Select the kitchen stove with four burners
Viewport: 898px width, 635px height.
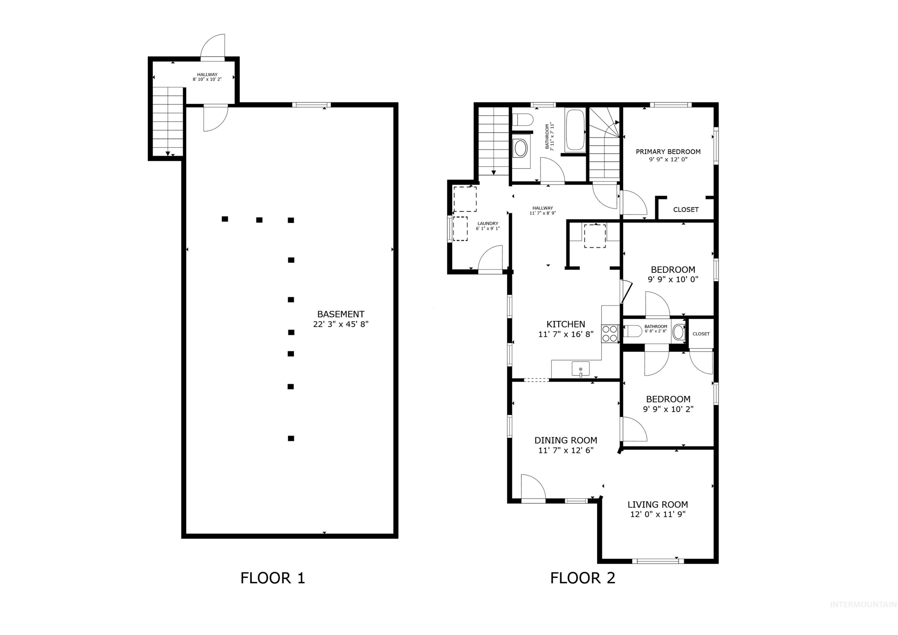click(x=610, y=334)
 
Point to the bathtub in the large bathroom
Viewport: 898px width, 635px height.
click(x=575, y=130)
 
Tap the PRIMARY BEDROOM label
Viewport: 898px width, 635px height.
click(x=668, y=152)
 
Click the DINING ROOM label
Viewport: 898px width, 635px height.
click(x=566, y=440)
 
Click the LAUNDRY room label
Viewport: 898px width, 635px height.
click(x=488, y=224)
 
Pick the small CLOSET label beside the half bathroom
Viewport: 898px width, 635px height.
click(x=701, y=334)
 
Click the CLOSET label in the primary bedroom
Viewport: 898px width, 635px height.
click(x=685, y=210)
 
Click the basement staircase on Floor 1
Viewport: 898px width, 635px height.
click(x=167, y=121)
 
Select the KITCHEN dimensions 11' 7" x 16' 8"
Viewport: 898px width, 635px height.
click(x=566, y=334)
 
